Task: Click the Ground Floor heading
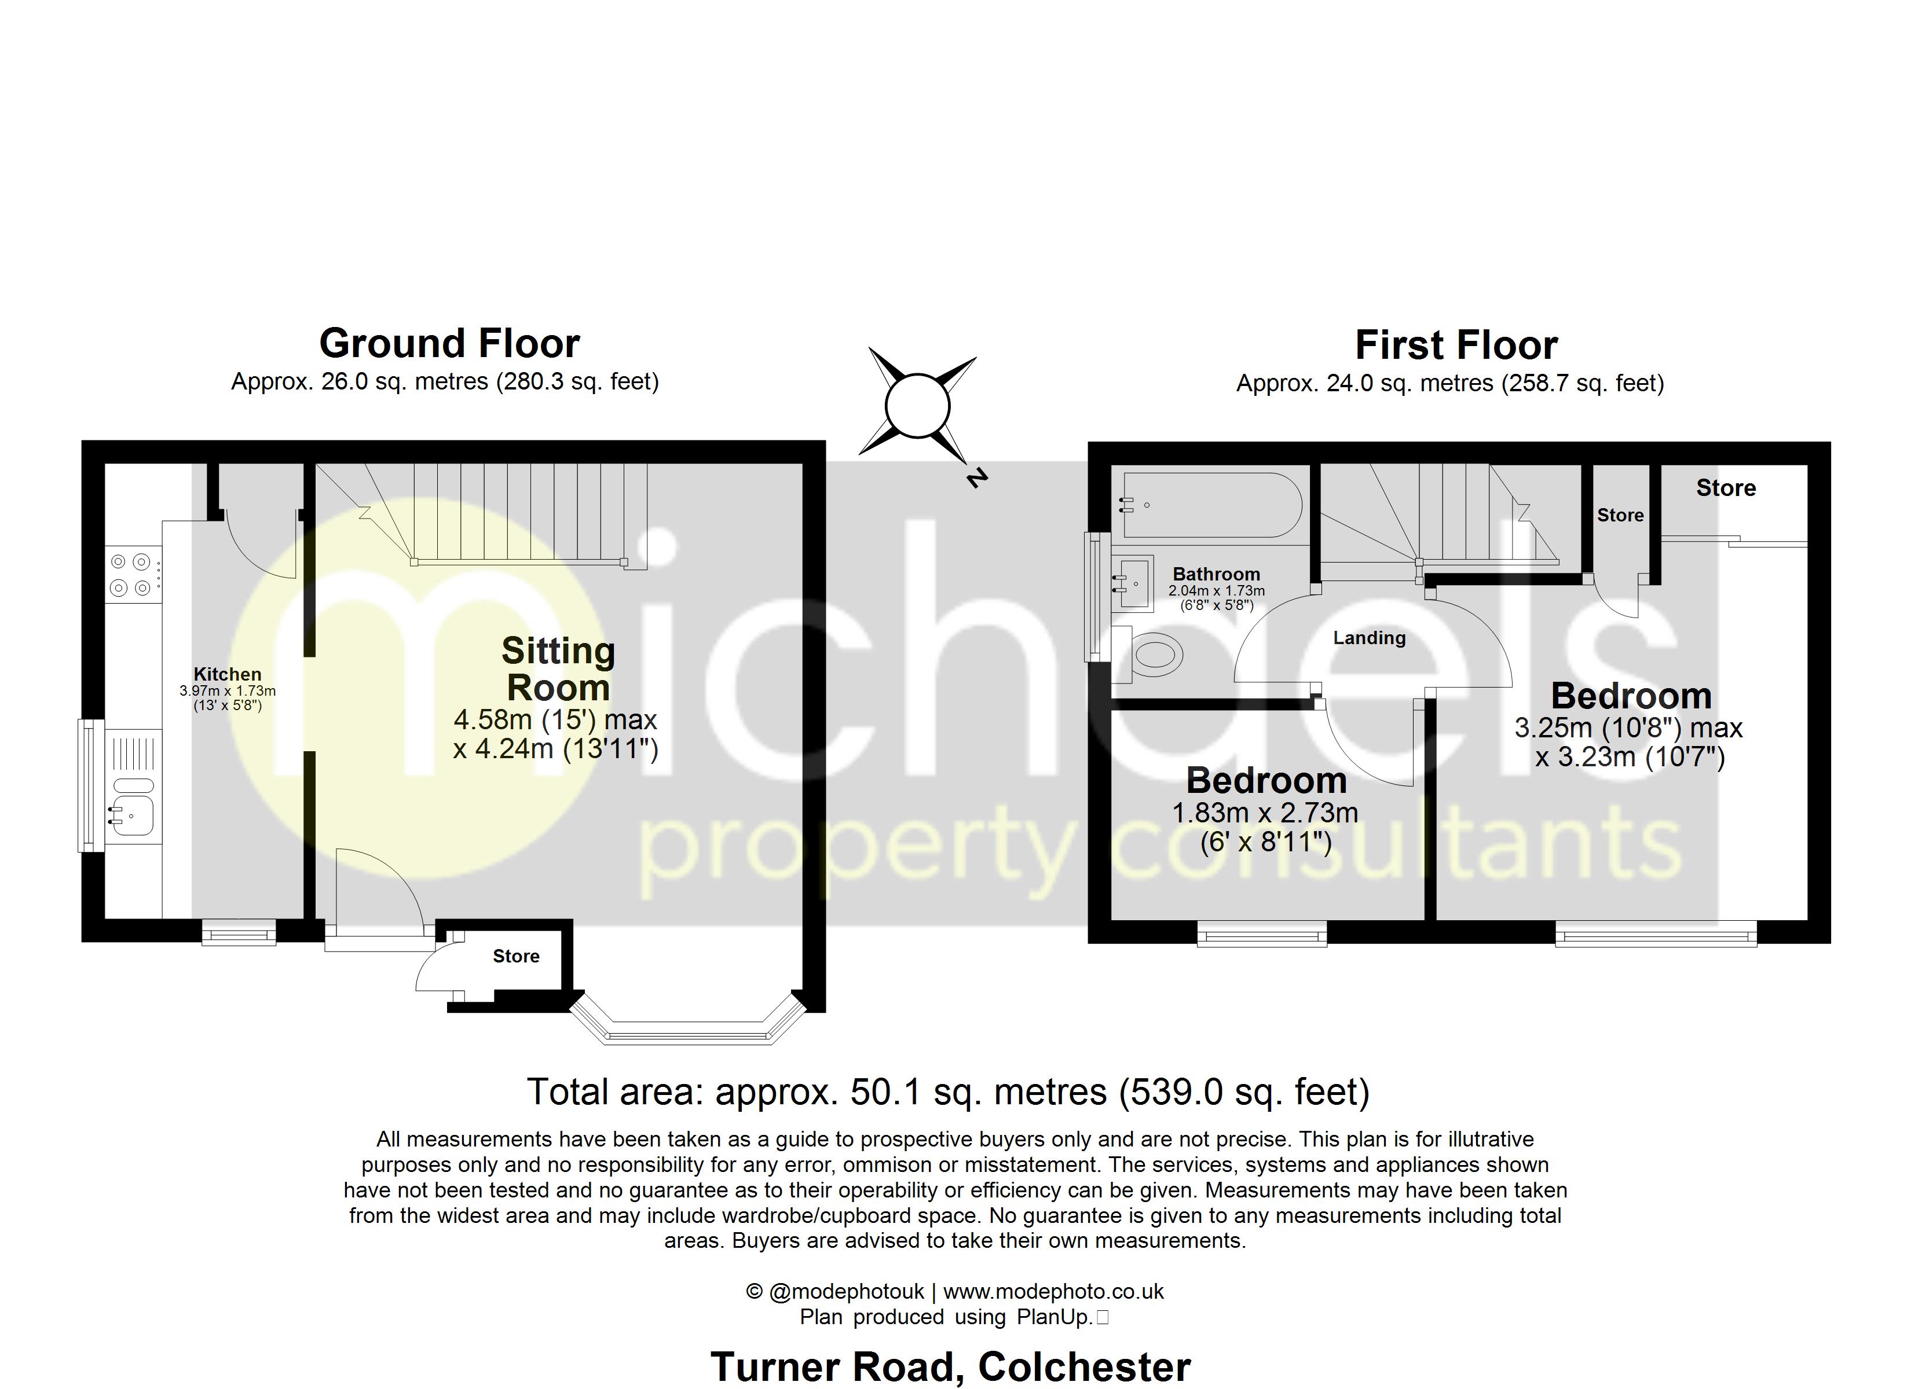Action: point(449,344)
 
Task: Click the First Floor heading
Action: point(1455,346)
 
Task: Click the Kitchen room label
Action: point(228,674)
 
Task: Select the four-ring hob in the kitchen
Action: point(131,575)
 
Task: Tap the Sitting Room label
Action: point(558,669)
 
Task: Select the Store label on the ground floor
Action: point(515,956)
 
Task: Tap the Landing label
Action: point(1368,638)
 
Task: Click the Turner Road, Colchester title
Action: point(950,1366)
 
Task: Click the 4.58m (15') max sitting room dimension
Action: point(555,719)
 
